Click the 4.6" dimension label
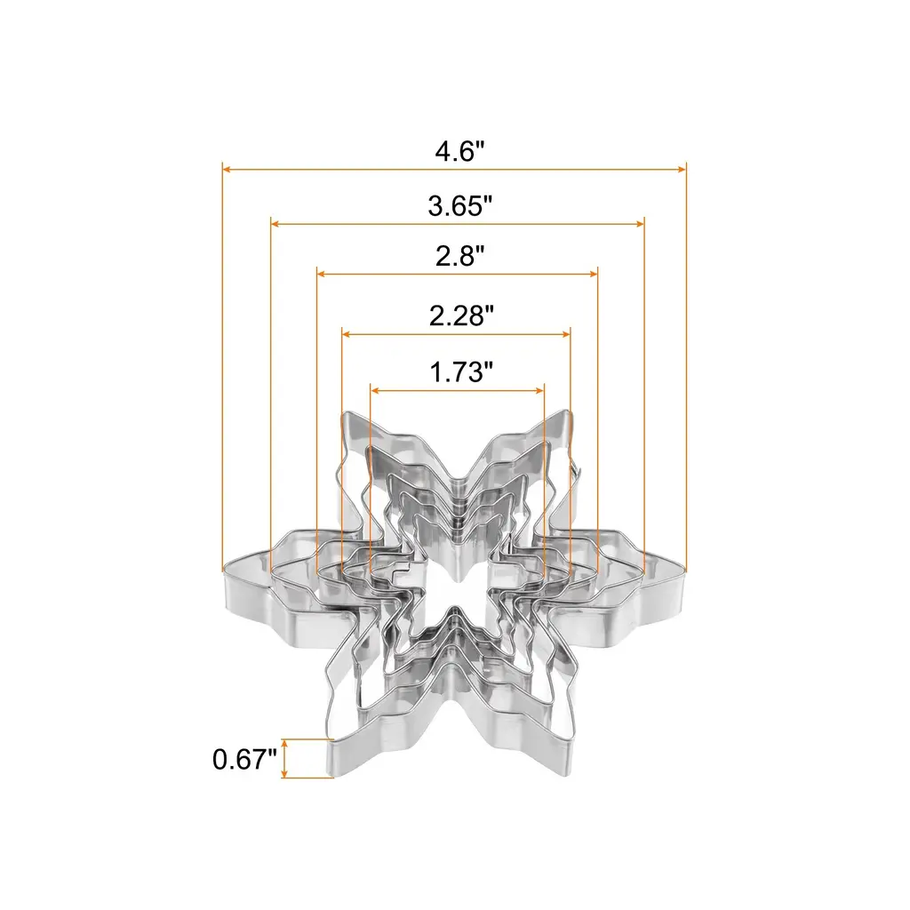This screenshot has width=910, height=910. (459, 152)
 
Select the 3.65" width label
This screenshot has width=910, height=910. (459, 206)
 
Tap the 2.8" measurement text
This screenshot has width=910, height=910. (459, 256)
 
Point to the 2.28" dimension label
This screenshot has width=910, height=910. (461, 316)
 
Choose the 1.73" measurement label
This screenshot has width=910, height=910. (461, 372)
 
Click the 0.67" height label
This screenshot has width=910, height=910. (244, 759)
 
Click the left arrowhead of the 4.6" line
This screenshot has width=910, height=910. (227, 170)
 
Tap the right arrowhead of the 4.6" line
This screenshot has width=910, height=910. (682, 170)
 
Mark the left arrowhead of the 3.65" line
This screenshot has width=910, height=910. (276, 224)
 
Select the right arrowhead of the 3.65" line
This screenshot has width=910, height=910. (640, 224)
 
